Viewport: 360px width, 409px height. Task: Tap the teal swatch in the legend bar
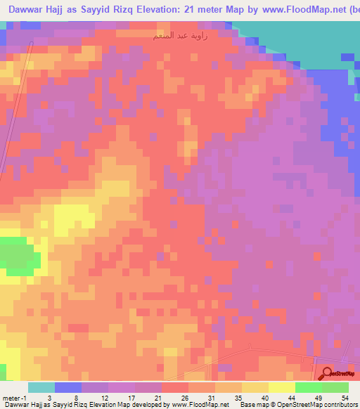(41, 387)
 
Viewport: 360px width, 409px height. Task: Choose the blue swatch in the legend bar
(68, 387)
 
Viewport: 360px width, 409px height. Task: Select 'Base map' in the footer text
(252, 405)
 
